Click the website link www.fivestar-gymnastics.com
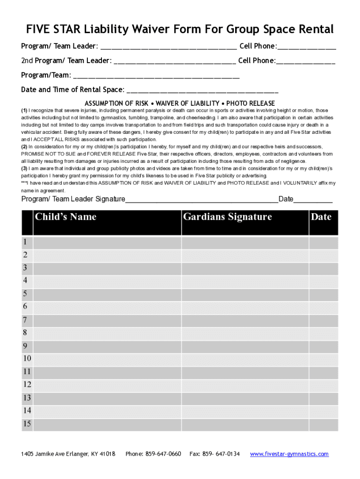pyautogui.click(x=289, y=454)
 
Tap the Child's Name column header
pyautogui.click(x=65, y=217)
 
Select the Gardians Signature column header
pyautogui.click(x=227, y=217)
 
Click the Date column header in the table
pyautogui.click(x=321, y=217)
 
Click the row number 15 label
pyautogui.click(x=27, y=424)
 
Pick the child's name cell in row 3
pyautogui.click(x=107, y=268)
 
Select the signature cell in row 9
pyautogui.click(x=245, y=346)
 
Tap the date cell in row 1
pyautogui.click(x=323, y=242)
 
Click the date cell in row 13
pyautogui.click(x=323, y=398)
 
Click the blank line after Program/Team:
pyautogui.click(x=156, y=75)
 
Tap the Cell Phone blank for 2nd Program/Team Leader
pyautogui.click(x=306, y=61)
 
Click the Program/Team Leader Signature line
pyautogui.click(x=202, y=200)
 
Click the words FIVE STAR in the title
pyautogui.click(x=52, y=30)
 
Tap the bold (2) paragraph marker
pyautogui.click(x=24, y=146)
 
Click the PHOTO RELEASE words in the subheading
pyautogui.click(x=251, y=103)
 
